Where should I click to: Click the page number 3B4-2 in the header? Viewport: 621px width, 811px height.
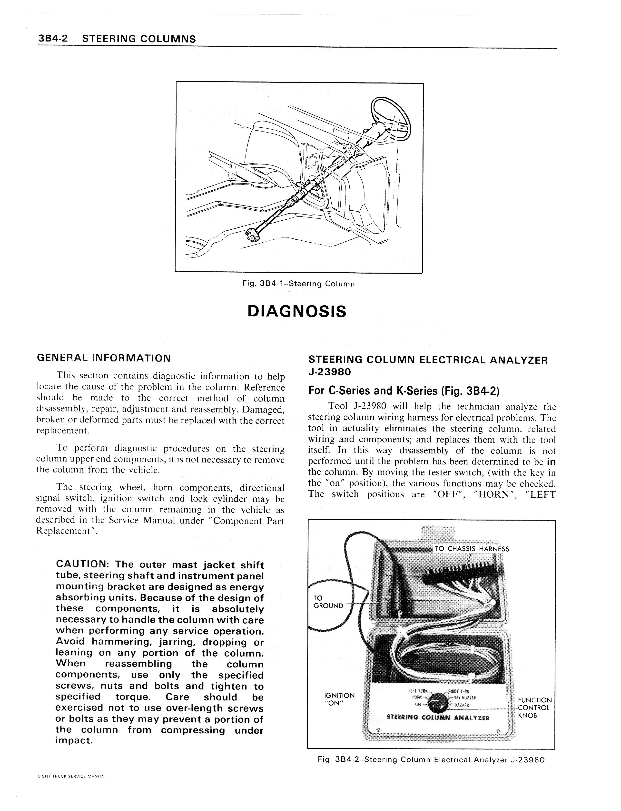[52, 39]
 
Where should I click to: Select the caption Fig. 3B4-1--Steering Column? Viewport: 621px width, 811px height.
[298, 284]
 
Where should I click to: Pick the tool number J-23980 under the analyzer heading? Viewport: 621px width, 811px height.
[329, 371]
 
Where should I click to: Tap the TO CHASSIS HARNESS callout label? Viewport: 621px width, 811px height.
[472, 549]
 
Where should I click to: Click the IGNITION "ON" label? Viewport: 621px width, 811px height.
[339, 699]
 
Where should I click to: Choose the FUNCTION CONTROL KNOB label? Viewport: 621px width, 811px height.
[534, 708]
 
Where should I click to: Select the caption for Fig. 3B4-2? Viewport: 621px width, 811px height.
[431, 760]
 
